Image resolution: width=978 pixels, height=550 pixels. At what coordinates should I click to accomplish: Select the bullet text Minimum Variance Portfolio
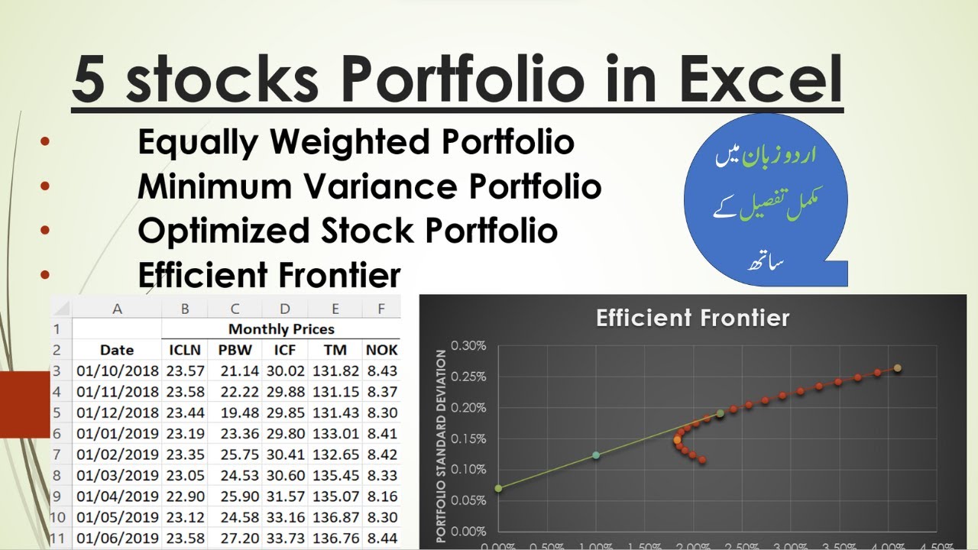click(x=369, y=186)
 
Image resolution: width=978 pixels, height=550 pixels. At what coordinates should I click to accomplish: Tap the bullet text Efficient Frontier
click(x=269, y=275)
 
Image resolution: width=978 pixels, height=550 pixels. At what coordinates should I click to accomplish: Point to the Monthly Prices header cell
click(x=281, y=329)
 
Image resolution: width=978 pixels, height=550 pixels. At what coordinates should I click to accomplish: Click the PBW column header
click(x=235, y=350)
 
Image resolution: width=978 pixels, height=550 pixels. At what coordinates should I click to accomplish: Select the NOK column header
click(x=382, y=350)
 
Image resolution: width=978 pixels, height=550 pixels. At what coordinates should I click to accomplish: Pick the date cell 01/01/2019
click(x=118, y=434)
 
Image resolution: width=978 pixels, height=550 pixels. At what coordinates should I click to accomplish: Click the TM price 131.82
click(x=335, y=370)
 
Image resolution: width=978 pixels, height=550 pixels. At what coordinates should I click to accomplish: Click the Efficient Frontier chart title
click(x=692, y=318)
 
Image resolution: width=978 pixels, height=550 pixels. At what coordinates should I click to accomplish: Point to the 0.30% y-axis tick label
click(x=468, y=345)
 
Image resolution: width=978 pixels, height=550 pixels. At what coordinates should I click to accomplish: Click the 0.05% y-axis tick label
click(x=468, y=500)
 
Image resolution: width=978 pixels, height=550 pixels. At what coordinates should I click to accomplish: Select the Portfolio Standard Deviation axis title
click(x=441, y=445)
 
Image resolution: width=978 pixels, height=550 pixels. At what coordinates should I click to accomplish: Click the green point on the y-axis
click(x=498, y=487)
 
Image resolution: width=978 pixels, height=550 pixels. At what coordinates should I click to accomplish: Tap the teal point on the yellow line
click(x=596, y=455)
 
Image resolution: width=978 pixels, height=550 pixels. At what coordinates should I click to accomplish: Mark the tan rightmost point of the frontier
click(x=898, y=368)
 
